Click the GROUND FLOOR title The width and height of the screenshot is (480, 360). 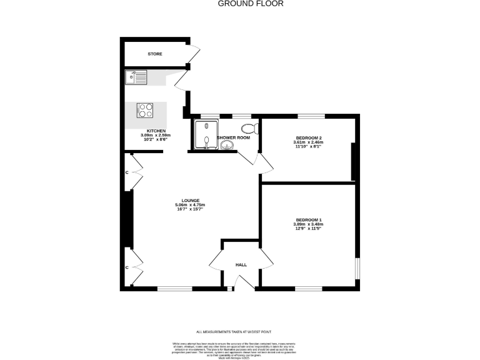click(251, 4)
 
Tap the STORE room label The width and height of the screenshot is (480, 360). click(155, 54)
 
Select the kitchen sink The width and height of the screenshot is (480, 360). click(135, 77)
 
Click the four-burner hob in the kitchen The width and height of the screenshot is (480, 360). click(146, 110)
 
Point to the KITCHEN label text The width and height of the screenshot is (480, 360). click(156, 131)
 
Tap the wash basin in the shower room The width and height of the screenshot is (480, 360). click(226, 146)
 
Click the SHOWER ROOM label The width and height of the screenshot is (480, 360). click(233, 137)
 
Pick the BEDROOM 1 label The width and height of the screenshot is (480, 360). click(308, 220)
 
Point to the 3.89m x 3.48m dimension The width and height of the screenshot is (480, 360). click(308, 225)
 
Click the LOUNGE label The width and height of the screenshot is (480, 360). click(191, 201)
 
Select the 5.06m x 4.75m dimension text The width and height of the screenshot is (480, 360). click(191, 205)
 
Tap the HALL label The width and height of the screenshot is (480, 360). click(241, 265)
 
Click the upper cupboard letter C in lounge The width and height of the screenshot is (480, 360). click(127, 171)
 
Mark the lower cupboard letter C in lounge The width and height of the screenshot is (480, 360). click(127, 267)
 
